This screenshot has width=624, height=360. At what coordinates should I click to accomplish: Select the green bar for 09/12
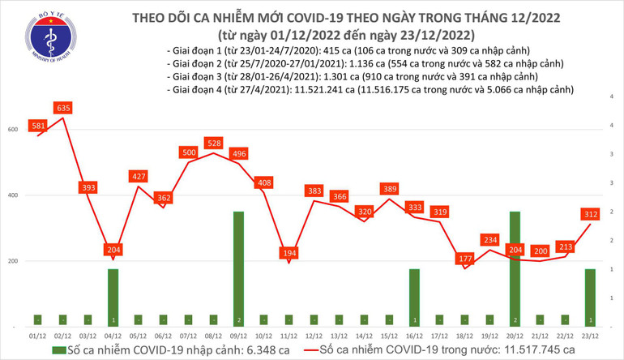click(x=237, y=268)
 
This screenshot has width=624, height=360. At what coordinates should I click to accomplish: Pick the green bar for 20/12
click(x=514, y=268)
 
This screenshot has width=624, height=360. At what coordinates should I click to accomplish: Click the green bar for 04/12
click(x=113, y=297)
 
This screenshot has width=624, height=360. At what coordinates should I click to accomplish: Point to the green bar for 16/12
click(x=413, y=297)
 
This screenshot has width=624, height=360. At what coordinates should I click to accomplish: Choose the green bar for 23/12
click(x=589, y=297)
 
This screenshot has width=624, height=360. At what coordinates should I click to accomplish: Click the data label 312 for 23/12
click(x=589, y=213)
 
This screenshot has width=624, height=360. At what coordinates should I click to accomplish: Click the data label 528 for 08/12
click(x=213, y=143)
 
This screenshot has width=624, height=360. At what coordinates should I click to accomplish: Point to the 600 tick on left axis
click(x=11, y=130)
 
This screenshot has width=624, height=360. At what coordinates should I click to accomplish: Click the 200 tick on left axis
click(x=11, y=261)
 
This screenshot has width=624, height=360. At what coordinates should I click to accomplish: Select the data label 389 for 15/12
click(x=389, y=189)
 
